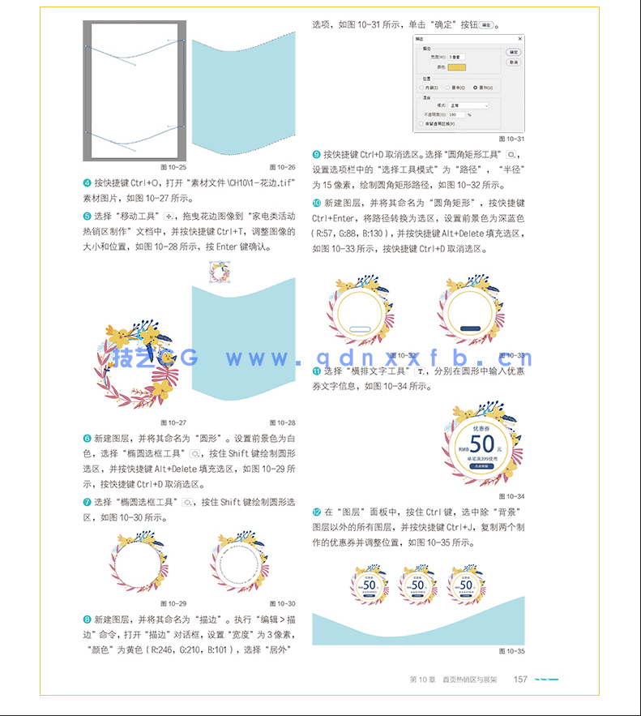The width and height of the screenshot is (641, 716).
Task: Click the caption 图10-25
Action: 175,167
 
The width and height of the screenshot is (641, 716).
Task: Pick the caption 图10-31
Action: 512,139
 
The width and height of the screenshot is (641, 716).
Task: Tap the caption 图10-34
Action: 513,495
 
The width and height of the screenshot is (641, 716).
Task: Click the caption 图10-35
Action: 512,651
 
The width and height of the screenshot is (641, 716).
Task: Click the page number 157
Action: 521,680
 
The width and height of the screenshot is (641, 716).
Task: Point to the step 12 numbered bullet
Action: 317,512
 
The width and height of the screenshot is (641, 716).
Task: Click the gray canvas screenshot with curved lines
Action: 135,91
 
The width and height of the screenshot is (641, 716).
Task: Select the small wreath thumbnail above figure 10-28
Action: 220,272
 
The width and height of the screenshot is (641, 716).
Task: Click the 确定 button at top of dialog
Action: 513,52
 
